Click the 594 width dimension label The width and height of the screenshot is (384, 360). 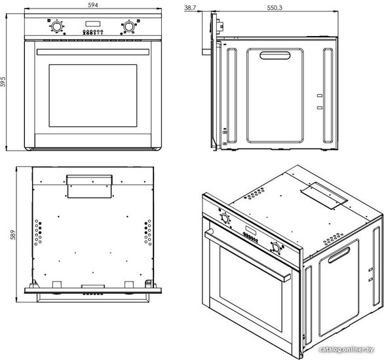tap(93, 5)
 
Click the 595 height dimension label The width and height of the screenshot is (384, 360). tap(3, 82)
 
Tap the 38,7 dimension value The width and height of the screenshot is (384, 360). tap(190, 8)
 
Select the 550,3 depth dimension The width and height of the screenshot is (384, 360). tap(275, 8)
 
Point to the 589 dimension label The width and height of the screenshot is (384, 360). tap(12, 235)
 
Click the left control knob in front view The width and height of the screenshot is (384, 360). tap(56, 26)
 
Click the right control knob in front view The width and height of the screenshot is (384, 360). tap(128, 26)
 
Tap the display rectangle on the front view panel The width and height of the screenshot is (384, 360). tap(93, 24)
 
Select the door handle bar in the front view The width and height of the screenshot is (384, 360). tap(93, 52)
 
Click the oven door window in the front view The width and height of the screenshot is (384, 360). tap(93, 96)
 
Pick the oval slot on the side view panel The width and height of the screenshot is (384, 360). tap(275, 55)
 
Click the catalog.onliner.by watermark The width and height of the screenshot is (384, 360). tap(347, 350)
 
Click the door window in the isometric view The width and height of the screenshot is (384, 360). tap(250, 289)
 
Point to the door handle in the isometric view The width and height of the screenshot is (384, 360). tap(247, 255)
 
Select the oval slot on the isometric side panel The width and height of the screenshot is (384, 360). tap(339, 255)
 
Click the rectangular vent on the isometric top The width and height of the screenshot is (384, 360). tap(324, 196)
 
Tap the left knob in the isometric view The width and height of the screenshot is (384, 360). tap(225, 218)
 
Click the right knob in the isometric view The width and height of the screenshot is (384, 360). tap(276, 247)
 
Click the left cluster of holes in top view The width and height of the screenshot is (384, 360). tap(38, 232)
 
